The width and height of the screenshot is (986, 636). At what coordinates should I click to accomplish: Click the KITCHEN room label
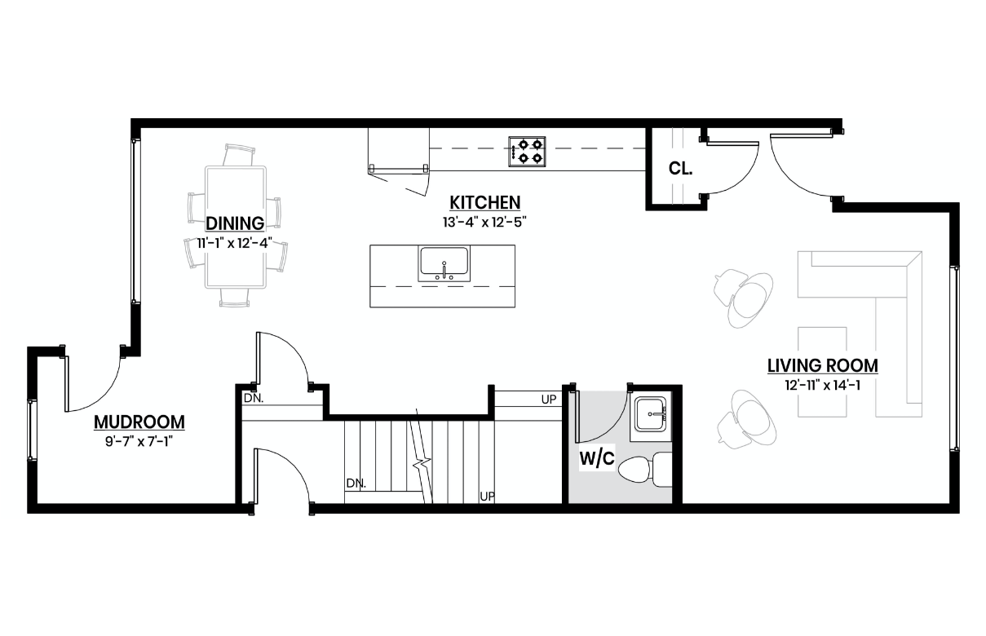(484, 202)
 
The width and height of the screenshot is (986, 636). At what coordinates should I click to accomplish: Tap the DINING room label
(235, 223)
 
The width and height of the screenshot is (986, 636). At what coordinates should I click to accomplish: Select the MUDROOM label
(139, 422)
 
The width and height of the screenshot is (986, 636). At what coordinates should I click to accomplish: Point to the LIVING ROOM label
(822, 365)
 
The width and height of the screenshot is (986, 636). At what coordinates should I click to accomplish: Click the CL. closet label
(680, 168)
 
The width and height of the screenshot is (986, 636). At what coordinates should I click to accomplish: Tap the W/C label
(596, 457)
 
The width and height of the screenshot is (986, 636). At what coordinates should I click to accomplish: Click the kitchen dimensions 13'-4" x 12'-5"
(484, 223)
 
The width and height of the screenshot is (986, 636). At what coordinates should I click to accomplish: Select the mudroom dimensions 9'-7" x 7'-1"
(139, 441)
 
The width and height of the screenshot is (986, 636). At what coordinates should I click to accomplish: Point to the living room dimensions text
(822, 385)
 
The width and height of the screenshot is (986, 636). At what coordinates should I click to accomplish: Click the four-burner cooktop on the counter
(527, 152)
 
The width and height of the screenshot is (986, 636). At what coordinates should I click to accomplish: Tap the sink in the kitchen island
(444, 263)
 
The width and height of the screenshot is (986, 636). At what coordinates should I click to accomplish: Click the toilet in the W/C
(645, 470)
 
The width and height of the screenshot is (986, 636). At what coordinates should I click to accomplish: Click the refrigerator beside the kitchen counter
(398, 151)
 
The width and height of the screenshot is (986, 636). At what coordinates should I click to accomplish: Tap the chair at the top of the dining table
(239, 154)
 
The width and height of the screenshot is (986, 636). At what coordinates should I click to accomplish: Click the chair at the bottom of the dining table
(235, 298)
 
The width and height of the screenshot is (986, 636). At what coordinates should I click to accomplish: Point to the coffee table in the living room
(822, 372)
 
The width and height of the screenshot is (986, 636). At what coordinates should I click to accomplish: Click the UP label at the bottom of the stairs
(487, 497)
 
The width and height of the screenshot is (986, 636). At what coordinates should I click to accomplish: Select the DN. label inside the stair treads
(356, 484)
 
